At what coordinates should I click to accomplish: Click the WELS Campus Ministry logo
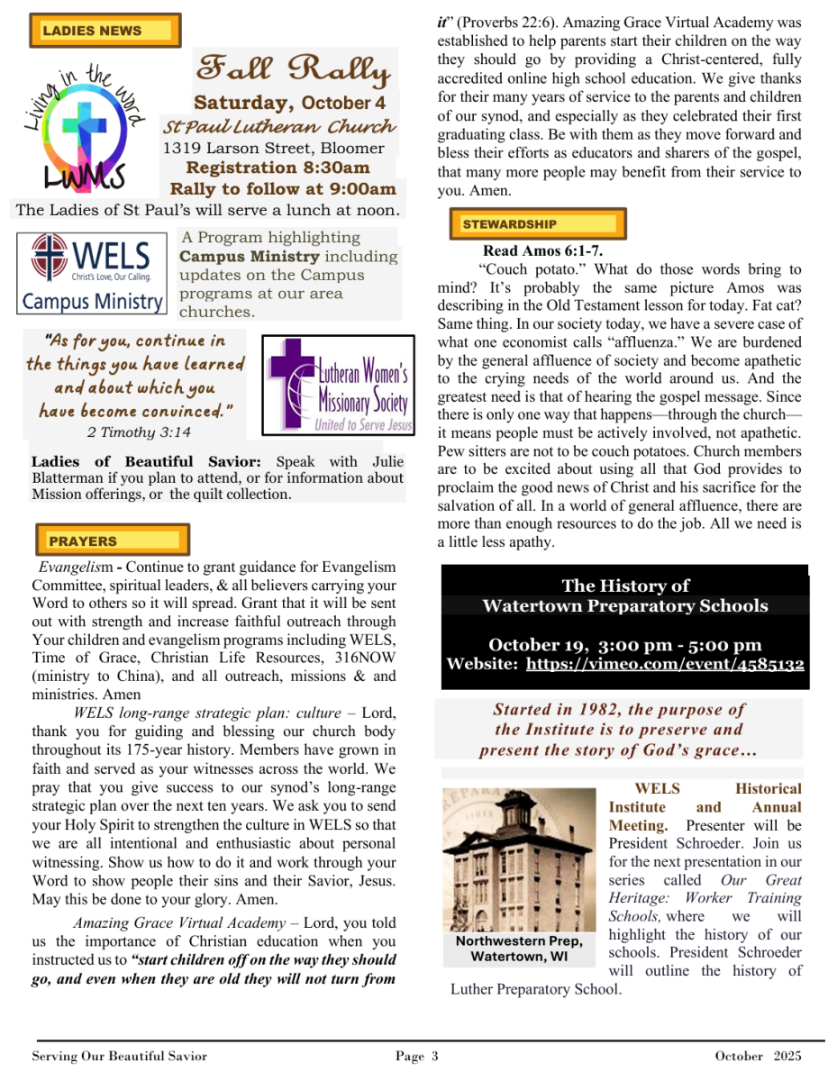92,273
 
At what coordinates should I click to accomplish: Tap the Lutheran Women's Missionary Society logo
338,385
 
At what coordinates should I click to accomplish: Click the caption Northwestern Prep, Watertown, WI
518,949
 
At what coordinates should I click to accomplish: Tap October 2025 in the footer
757,1056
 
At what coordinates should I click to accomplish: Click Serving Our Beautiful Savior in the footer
120,1056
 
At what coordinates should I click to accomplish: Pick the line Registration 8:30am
277,168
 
